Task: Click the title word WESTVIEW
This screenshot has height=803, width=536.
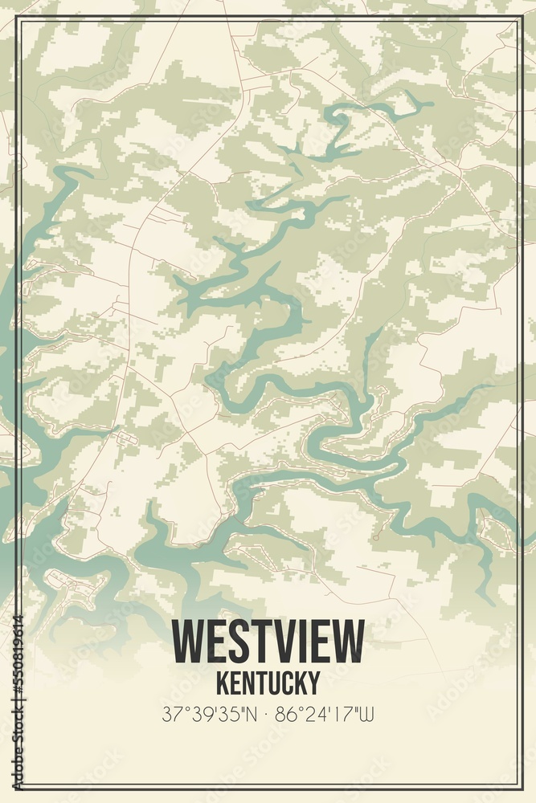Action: [268, 642]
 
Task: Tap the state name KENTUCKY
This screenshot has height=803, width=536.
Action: [268, 683]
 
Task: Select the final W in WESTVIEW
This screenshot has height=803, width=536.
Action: [347, 642]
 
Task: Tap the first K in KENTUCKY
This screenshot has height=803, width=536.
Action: [223, 683]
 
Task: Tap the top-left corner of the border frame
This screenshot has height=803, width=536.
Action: [18, 18]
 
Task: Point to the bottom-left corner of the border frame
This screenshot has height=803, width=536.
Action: [18, 788]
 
